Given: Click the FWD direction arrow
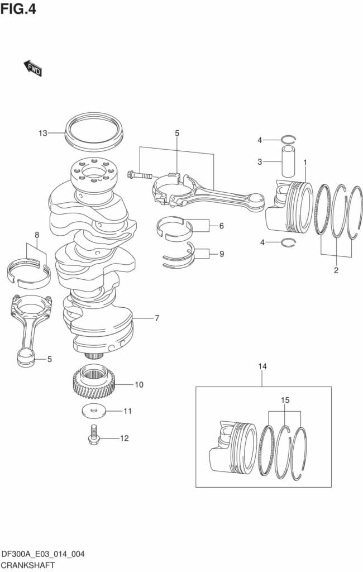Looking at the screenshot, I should (33, 69).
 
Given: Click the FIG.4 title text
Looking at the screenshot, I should (18, 9).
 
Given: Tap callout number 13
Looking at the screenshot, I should (43, 133).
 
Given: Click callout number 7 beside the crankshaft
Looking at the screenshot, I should (157, 318).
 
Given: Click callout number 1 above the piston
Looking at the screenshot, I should (305, 162).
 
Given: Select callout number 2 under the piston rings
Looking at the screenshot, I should (336, 270).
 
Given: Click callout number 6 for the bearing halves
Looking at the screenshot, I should (221, 226).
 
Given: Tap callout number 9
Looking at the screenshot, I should (221, 254).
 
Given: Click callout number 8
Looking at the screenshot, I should (37, 235).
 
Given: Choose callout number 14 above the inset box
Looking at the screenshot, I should (262, 366).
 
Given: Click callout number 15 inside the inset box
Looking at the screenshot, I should (285, 401).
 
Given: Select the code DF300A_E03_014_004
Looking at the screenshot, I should (42, 554).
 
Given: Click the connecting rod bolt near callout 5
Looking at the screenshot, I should (139, 175).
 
